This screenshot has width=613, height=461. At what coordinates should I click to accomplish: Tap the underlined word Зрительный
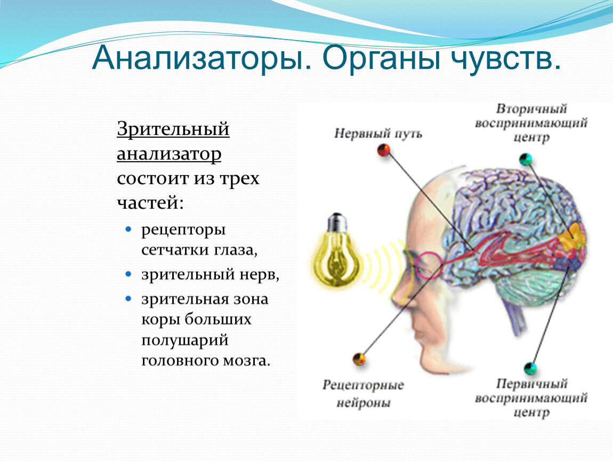tap(173, 129)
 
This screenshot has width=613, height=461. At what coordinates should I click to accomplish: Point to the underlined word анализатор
tap(169, 154)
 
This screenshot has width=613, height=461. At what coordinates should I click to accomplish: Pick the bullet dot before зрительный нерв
tap(128, 274)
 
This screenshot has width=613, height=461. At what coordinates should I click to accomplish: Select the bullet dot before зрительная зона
tap(128, 299)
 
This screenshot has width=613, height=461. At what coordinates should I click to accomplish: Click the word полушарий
tap(184, 340)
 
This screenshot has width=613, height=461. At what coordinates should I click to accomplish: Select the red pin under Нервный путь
tap(384, 150)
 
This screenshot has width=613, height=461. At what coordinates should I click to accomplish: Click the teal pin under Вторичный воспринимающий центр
tap(526, 160)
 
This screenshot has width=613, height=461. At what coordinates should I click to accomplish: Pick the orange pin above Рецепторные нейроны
tap(359, 359)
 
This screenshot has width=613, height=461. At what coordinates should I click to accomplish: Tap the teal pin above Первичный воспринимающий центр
tap(530, 368)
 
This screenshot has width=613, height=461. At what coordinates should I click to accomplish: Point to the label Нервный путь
tap(378, 133)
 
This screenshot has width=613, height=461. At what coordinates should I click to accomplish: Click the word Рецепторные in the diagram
tap(363, 385)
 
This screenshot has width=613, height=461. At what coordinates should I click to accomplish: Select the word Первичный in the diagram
tap(531, 383)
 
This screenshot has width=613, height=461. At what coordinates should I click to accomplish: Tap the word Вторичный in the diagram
tap(531, 108)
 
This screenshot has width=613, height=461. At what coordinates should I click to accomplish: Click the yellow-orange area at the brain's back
tap(571, 236)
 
